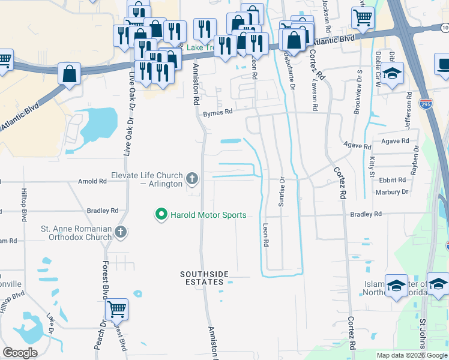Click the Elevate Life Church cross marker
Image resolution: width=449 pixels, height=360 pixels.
[x=192, y=178]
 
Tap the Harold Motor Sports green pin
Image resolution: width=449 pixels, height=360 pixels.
[x=161, y=214]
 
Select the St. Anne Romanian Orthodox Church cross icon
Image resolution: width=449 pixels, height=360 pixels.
[x=121, y=232]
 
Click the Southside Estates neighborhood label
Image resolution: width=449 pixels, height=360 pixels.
[x=205, y=278]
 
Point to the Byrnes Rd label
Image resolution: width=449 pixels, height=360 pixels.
[x=217, y=113]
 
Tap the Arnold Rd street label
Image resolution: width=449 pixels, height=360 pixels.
[x=92, y=181]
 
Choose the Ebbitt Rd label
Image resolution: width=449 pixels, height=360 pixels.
[x=393, y=180]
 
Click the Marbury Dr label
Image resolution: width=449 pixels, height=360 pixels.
[x=391, y=192]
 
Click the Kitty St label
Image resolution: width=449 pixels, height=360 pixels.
[x=372, y=163]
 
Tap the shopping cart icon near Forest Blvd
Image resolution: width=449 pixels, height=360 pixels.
[x=117, y=309]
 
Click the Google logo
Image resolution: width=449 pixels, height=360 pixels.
[x=20, y=353]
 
